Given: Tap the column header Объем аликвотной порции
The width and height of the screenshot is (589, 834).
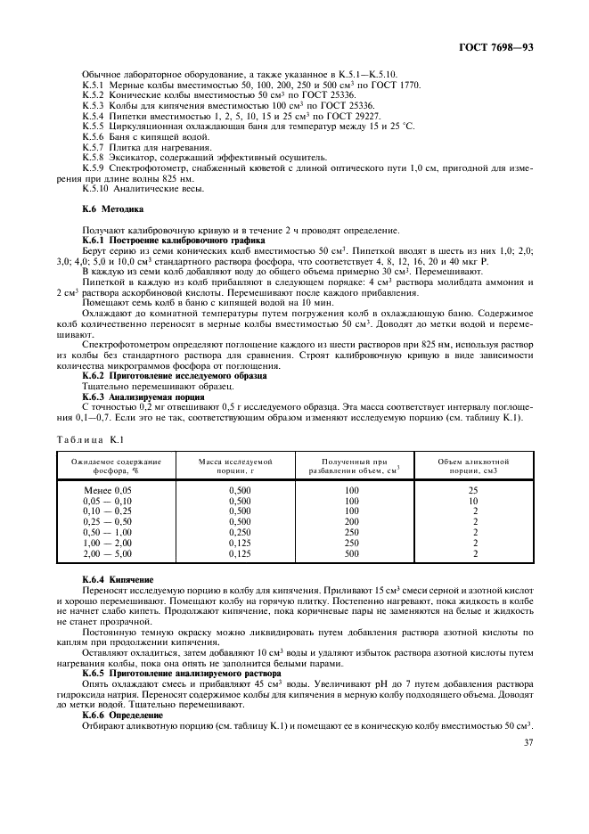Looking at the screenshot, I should tap(473, 466).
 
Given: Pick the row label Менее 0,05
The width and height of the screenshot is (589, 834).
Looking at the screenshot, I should tap(107, 491).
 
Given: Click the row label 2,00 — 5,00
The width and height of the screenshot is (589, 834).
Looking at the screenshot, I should tap(107, 554).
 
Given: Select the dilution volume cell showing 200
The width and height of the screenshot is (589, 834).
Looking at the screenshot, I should tap(351, 522).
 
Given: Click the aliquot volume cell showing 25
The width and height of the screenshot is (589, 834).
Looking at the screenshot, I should tap(473, 491).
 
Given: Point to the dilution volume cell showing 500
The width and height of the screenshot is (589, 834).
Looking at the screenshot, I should tap(351, 554).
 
